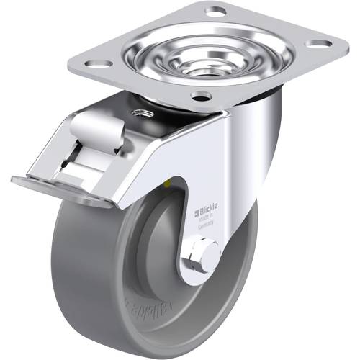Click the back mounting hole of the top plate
215,12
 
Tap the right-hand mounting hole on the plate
318,43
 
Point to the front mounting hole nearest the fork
202,96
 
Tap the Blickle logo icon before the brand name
197,213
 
